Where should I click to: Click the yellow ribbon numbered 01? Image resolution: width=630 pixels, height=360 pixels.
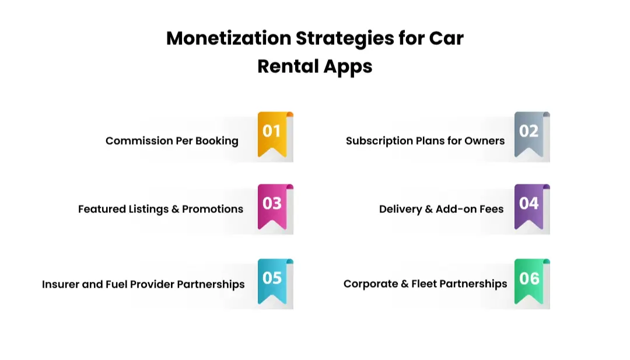pyautogui.click(x=272, y=134)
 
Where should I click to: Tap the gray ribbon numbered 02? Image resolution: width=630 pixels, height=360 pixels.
pyautogui.click(x=528, y=134)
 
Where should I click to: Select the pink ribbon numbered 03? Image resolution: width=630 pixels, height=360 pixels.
pyautogui.click(x=272, y=206)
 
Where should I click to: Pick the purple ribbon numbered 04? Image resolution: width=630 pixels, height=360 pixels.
pyautogui.click(x=528, y=206)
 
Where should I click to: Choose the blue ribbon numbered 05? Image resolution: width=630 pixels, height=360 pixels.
pyautogui.click(x=272, y=280)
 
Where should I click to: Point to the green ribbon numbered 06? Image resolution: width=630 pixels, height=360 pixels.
pyautogui.click(x=528, y=280)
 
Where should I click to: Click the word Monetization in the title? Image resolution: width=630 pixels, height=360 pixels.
pyautogui.click(x=228, y=39)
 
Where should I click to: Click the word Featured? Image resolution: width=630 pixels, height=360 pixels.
pyautogui.click(x=102, y=209)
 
